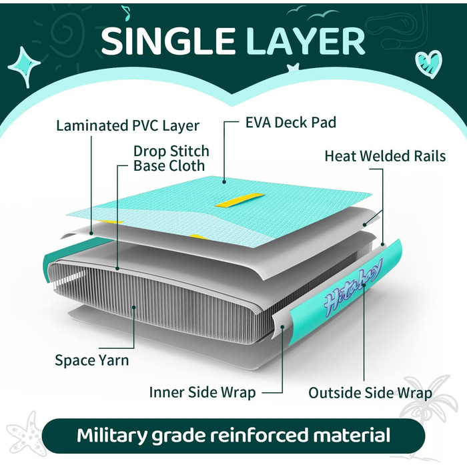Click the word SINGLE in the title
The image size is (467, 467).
tap(167, 41)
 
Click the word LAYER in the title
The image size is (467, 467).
tap(305, 41)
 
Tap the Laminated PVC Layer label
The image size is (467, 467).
tap(128, 126)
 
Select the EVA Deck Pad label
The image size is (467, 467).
tap(291, 122)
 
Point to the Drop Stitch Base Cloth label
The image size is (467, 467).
tap(171, 159)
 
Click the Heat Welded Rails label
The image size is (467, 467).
tap(385, 156)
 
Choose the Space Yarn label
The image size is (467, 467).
tap(92, 360)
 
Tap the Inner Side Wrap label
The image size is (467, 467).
tap(203, 392)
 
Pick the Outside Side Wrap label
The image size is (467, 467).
tap(370, 393)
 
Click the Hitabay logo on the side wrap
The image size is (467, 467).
tap(352, 289)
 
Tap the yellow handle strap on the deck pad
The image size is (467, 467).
tap(240, 200)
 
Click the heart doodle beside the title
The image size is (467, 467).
tap(428, 64)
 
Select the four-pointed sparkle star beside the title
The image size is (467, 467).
tap(25, 67)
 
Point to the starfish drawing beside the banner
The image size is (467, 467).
tap(26, 434)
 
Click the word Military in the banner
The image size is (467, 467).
tap(112, 436)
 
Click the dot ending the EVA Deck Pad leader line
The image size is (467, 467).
tap(224, 181)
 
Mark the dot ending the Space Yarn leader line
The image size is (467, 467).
tap(134, 307)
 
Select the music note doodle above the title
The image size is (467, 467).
tap(126, 13)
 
